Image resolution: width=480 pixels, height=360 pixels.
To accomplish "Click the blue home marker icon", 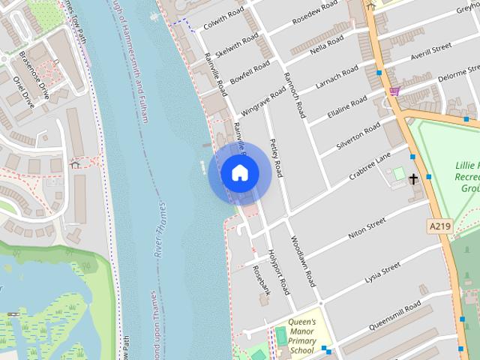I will point(239,173).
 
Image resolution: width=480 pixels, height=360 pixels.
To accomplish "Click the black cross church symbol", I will point(413,178).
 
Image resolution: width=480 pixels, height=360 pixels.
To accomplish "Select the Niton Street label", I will point(367,228).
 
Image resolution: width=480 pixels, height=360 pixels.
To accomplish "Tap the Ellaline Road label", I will point(347,108).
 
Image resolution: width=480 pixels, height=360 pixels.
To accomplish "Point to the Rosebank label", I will point(260,279).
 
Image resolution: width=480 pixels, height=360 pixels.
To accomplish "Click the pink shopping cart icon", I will point(394,91).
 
